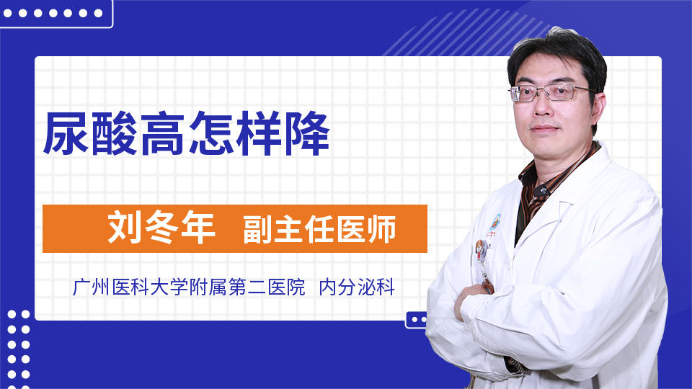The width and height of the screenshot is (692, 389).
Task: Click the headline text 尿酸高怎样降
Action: click(186, 133)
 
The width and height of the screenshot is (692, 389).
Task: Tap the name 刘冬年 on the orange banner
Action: click(161, 228)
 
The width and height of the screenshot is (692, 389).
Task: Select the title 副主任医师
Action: click(319, 229)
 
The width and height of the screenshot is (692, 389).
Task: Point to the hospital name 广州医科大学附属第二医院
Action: click(189, 287)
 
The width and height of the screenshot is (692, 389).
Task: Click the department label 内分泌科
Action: click(357, 287)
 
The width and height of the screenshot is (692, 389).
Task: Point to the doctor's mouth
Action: click(544, 129)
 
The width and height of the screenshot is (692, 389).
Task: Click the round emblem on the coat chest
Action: click(496, 220)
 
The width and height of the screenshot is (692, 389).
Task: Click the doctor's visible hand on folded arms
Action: click(472, 296)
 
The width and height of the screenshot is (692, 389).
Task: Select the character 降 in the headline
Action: click(307, 133)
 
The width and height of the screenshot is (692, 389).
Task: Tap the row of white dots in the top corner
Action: click(53, 13)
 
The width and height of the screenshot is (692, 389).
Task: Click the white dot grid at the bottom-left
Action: click(19, 351)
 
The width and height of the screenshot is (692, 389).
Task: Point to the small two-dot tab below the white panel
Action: click(417, 320)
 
